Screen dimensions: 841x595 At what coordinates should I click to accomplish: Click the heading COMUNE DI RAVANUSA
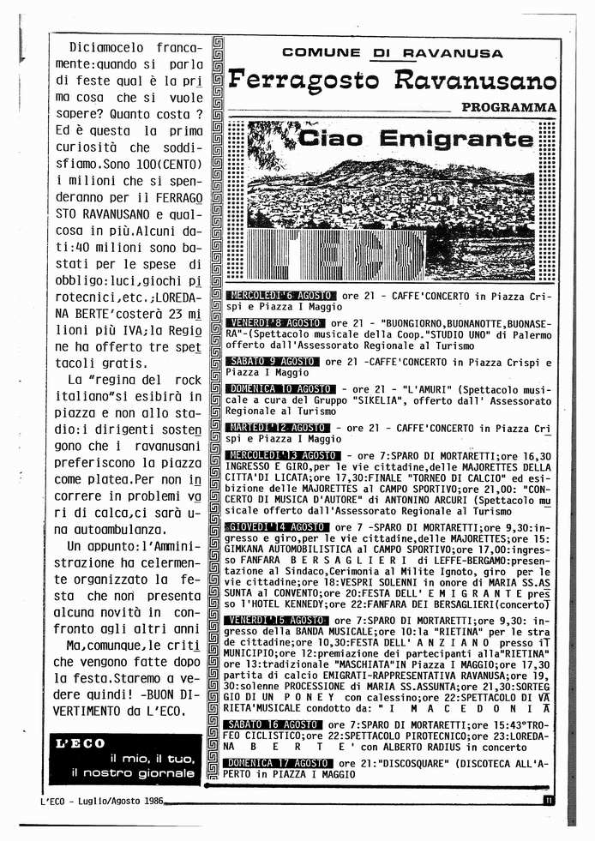pyautogui.click(x=392, y=53)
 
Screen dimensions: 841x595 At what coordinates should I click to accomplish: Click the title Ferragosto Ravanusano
pyautogui.click(x=393, y=82)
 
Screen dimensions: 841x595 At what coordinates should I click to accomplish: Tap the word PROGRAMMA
pyautogui.click(x=508, y=108)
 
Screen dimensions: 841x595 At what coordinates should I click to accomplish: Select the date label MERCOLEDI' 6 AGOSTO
pyautogui.click(x=280, y=296)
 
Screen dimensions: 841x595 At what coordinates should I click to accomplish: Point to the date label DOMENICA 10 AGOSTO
pyautogui.click(x=280, y=388)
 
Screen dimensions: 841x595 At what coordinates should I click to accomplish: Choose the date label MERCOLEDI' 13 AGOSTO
pyautogui.click(x=283, y=454)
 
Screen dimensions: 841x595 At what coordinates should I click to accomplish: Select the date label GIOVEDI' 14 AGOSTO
pyautogui.click(x=276, y=526)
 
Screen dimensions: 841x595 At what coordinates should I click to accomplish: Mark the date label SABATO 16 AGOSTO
pyautogui.click(x=273, y=724)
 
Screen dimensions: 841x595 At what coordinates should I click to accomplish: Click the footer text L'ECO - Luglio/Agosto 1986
pyautogui.click(x=102, y=801)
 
